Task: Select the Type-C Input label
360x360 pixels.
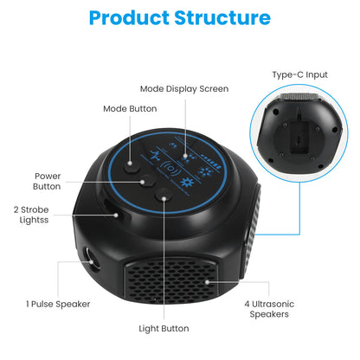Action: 299,75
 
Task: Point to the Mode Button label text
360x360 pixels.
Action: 130,109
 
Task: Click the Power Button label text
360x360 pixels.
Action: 48,180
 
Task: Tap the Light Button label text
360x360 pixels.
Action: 164,328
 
